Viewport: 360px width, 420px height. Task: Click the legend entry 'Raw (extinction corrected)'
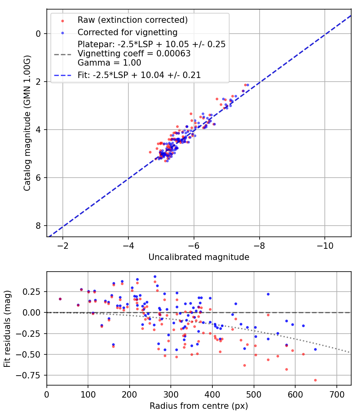pyautogui.click(x=132, y=20)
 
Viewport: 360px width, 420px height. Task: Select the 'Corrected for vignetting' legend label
pyautogui.click(x=128, y=32)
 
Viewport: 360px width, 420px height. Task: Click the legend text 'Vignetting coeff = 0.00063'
pyautogui.click(x=134, y=54)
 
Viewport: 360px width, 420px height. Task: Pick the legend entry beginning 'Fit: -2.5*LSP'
pyautogui.click(x=139, y=75)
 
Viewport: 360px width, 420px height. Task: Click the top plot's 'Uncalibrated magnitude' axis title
pyautogui.click(x=199, y=257)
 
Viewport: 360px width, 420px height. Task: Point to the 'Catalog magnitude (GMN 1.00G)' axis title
pyautogui.click(x=27, y=123)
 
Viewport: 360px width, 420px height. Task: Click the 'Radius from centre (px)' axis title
pyautogui.click(x=199, y=406)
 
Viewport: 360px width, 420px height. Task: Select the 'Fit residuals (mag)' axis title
pyautogui.click(x=7, y=329)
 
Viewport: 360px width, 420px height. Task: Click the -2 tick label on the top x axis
pyautogui.click(x=63, y=245)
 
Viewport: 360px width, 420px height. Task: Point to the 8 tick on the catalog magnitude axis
pyautogui.click(x=39, y=226)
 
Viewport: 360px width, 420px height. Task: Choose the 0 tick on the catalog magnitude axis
pyautogui.click(x=39, y=34)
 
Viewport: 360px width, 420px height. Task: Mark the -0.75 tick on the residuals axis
pyautogui.click(x=33, y=376)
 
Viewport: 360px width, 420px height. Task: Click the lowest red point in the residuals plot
pyautogui.click(x=315, y=380)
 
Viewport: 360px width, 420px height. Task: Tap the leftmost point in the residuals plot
pyautogui.click(x=60, y=299)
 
